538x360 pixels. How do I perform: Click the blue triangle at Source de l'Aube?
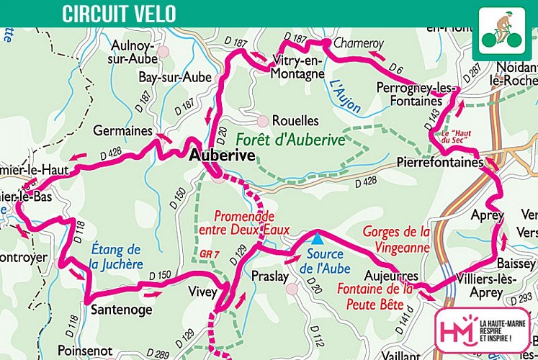315,236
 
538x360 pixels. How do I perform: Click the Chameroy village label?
358,43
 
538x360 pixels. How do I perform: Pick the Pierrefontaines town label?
439,163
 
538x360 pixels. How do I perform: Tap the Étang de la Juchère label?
117,257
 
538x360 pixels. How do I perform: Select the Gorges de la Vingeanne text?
396,239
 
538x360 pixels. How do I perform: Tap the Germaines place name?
122,131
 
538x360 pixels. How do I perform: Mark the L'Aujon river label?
344,94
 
